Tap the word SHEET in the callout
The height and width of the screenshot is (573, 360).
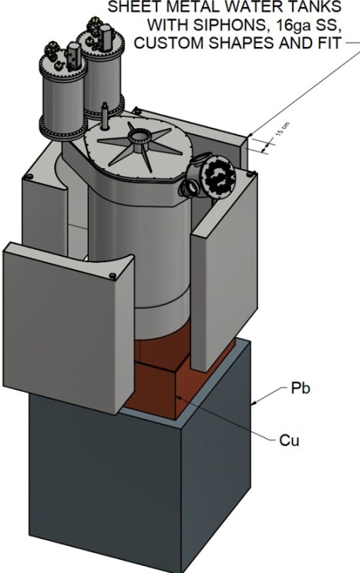coord(133,6)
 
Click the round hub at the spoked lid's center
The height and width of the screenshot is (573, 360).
coord(141,140)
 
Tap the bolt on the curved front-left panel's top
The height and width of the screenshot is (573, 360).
coord(113,275)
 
